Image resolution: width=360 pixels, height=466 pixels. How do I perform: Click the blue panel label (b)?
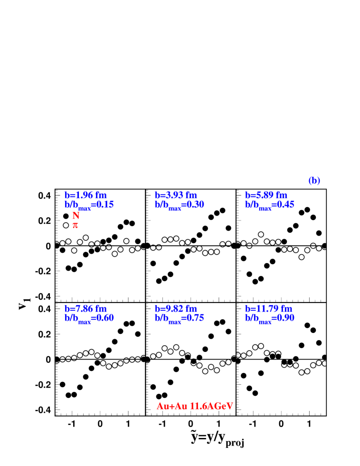click(x=314, y=181)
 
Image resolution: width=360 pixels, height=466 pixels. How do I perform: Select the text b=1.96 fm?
click(x=85, y=195)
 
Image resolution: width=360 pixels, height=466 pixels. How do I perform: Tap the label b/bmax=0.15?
click(x=89, y=205)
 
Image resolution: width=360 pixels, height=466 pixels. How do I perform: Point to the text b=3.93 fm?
click(x=176, y=195)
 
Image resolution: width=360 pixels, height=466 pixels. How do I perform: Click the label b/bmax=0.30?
click(x=179, y=205)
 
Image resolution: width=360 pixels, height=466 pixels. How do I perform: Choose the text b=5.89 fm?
click(x=266, y=195)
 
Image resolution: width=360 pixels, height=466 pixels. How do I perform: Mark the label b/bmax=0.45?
click(x=269, y=205)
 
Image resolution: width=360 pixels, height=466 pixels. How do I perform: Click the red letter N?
click(x=76, y=216)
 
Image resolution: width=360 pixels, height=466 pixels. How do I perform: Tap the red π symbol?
click(x=75, y=225)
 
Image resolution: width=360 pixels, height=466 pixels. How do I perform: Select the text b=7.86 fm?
click(x=85, y=309)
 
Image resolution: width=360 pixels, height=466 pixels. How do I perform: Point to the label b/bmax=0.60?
click(x=89, y=318)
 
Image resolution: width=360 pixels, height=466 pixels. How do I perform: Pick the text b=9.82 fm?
click(x=176, y=309)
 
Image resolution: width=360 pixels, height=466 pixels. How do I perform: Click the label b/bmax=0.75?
click(x=179, y=318)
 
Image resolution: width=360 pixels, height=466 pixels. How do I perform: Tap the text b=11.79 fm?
click(x=268, y=309)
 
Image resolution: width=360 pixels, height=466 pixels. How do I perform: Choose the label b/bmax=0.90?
click(x=269, y=318)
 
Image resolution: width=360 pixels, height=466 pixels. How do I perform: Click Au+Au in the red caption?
click(x=171, y=406)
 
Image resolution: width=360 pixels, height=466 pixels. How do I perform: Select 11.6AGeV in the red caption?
click(x=211, y=406)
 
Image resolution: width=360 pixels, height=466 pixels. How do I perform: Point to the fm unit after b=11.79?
click(x=286, y=309)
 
